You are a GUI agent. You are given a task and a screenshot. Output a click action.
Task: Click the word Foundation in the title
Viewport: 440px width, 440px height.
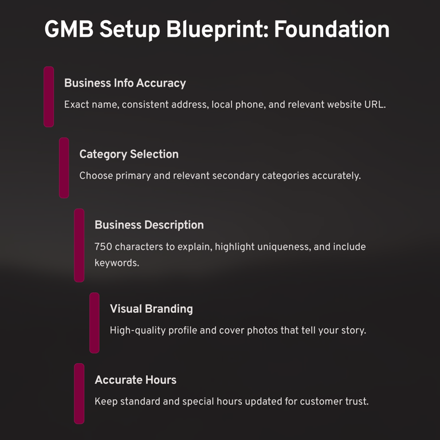[332, 30]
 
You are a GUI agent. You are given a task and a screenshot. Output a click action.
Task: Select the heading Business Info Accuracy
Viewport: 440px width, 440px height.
[125, 83]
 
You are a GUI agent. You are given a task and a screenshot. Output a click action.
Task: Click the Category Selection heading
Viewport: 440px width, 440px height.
[129, 154]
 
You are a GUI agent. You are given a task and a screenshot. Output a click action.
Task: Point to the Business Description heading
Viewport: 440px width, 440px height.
[149, 225]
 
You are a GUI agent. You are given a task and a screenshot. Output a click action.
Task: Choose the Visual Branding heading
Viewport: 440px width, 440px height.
[151, 309]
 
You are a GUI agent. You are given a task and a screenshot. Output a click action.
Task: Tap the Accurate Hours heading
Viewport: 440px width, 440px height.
[135, 380]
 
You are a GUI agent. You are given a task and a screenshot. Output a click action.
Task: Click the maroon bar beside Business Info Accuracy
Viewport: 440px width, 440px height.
[49, 96]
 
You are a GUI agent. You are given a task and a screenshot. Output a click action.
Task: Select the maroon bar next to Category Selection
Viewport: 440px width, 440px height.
[64, 167]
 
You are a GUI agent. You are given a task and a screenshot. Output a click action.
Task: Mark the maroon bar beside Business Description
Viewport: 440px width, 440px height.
[79, 245]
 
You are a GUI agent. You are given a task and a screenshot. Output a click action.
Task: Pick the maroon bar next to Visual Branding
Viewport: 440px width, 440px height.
[94, 323]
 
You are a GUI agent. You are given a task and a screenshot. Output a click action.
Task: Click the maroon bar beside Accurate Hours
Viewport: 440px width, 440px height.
[79, 393]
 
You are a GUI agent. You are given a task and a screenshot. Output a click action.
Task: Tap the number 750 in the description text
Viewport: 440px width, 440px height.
[103, 247]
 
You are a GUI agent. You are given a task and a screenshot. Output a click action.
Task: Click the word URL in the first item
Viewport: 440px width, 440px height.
[375, 105]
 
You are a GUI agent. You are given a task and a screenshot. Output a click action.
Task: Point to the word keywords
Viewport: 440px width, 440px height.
[116, 264]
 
